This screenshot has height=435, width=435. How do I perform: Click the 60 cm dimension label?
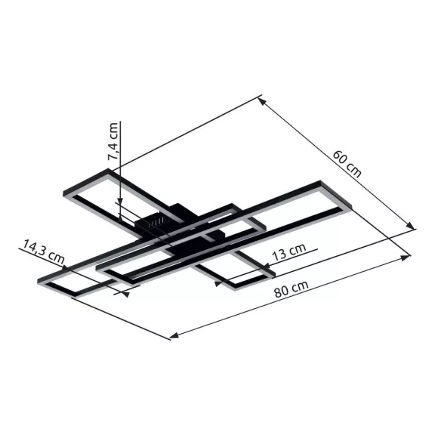click(347, 164)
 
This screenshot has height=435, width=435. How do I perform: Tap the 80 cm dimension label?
click(292, 289)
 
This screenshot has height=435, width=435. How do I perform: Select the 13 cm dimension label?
click(289, 252)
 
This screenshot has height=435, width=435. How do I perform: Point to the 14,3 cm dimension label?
click(43, 251)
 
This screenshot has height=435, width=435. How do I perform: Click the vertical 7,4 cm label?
click(113, 141)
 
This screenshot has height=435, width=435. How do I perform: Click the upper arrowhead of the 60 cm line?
click(262, 102)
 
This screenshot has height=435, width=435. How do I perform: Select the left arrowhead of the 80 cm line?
click(174, 335)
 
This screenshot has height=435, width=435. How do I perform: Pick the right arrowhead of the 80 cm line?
click(406, 258)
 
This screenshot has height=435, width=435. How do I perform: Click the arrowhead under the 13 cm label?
click(218, 283)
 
